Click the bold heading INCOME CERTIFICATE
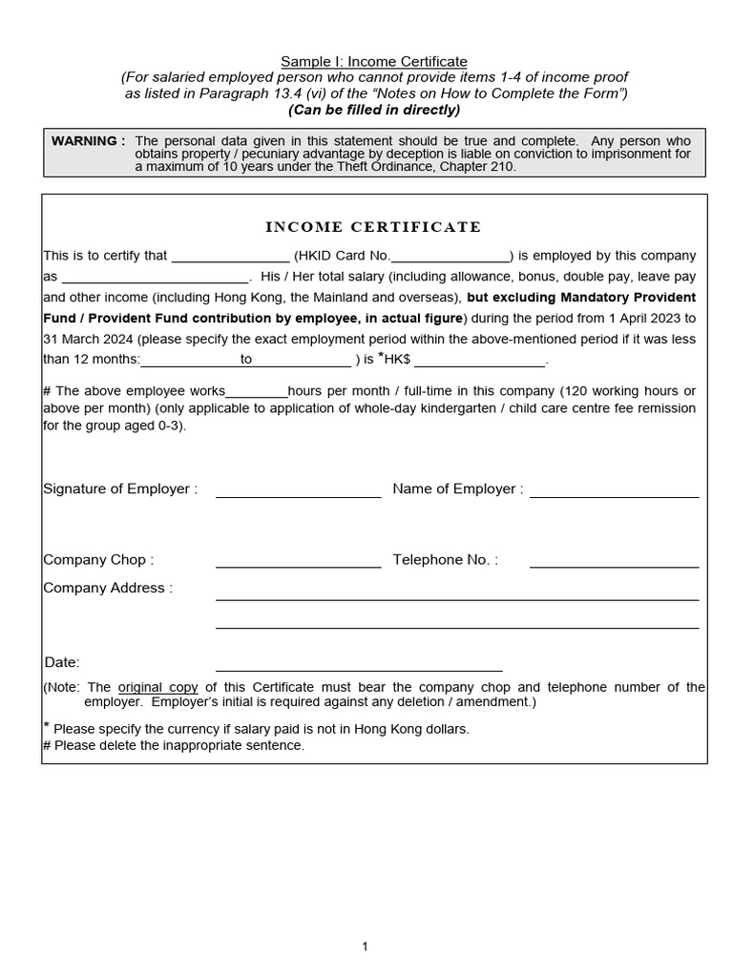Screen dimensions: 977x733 point(372,227)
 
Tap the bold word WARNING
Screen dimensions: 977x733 point(88,141)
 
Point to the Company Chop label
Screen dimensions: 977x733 point(98,560)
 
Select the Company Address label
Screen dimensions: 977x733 point(108,589)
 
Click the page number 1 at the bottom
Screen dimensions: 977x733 point(365,946)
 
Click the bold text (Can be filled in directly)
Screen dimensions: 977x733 point(374,110)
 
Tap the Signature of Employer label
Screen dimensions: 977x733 point(120,489)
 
